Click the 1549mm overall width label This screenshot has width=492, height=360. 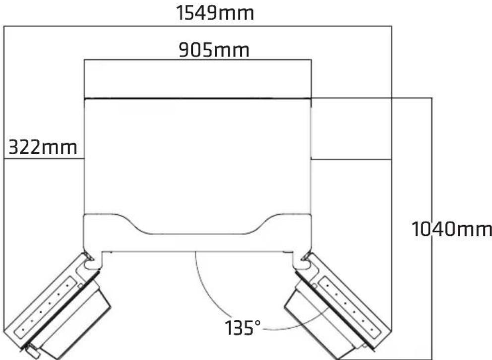[215, 13]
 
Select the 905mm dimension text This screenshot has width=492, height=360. [214, 50]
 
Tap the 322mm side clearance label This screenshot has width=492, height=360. [43, 147]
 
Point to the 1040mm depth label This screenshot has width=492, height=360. [451, 229]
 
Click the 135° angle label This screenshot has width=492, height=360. [243, 328]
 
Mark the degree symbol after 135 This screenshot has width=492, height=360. [257, 323]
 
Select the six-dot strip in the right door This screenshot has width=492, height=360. [350, 308]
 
